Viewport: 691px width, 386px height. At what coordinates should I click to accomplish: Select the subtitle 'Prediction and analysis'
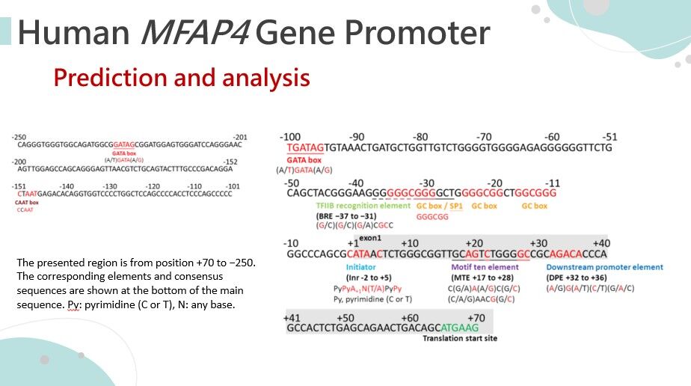(181, 78)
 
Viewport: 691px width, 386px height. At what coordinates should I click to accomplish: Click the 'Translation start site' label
(459, 338)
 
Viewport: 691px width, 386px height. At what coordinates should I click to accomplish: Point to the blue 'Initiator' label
(360, 267)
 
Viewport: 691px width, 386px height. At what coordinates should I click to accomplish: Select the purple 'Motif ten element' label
(485, 267)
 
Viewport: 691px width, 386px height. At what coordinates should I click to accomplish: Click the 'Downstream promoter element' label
(604, 267)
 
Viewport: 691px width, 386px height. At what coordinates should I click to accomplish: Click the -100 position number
(290, 137)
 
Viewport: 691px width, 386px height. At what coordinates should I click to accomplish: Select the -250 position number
(19, 137)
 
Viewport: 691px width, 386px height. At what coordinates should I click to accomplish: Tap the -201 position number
(240, 137)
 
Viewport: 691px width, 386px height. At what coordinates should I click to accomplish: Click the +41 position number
(292, 318)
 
